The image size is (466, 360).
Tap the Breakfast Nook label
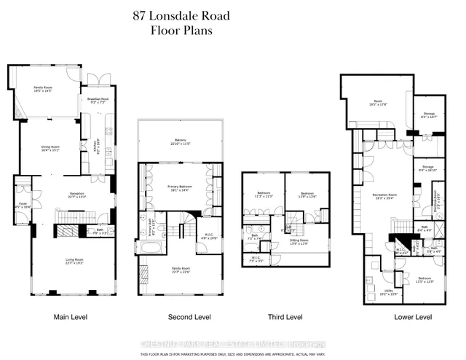click(x=98, y=100)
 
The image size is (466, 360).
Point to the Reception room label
click(x=77, y=195)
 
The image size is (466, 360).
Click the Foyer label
click(x=21, y=206)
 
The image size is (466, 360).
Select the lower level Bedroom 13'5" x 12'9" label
click(x=425, y=280)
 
